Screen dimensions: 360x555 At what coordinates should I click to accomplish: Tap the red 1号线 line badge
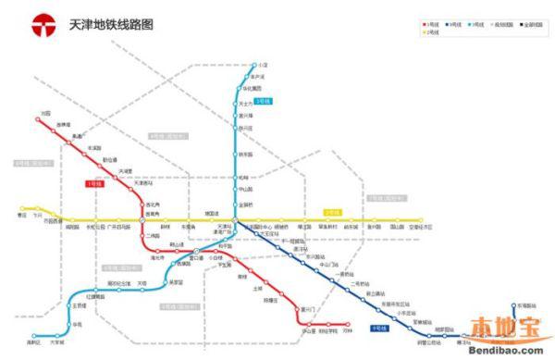[93, 184]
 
